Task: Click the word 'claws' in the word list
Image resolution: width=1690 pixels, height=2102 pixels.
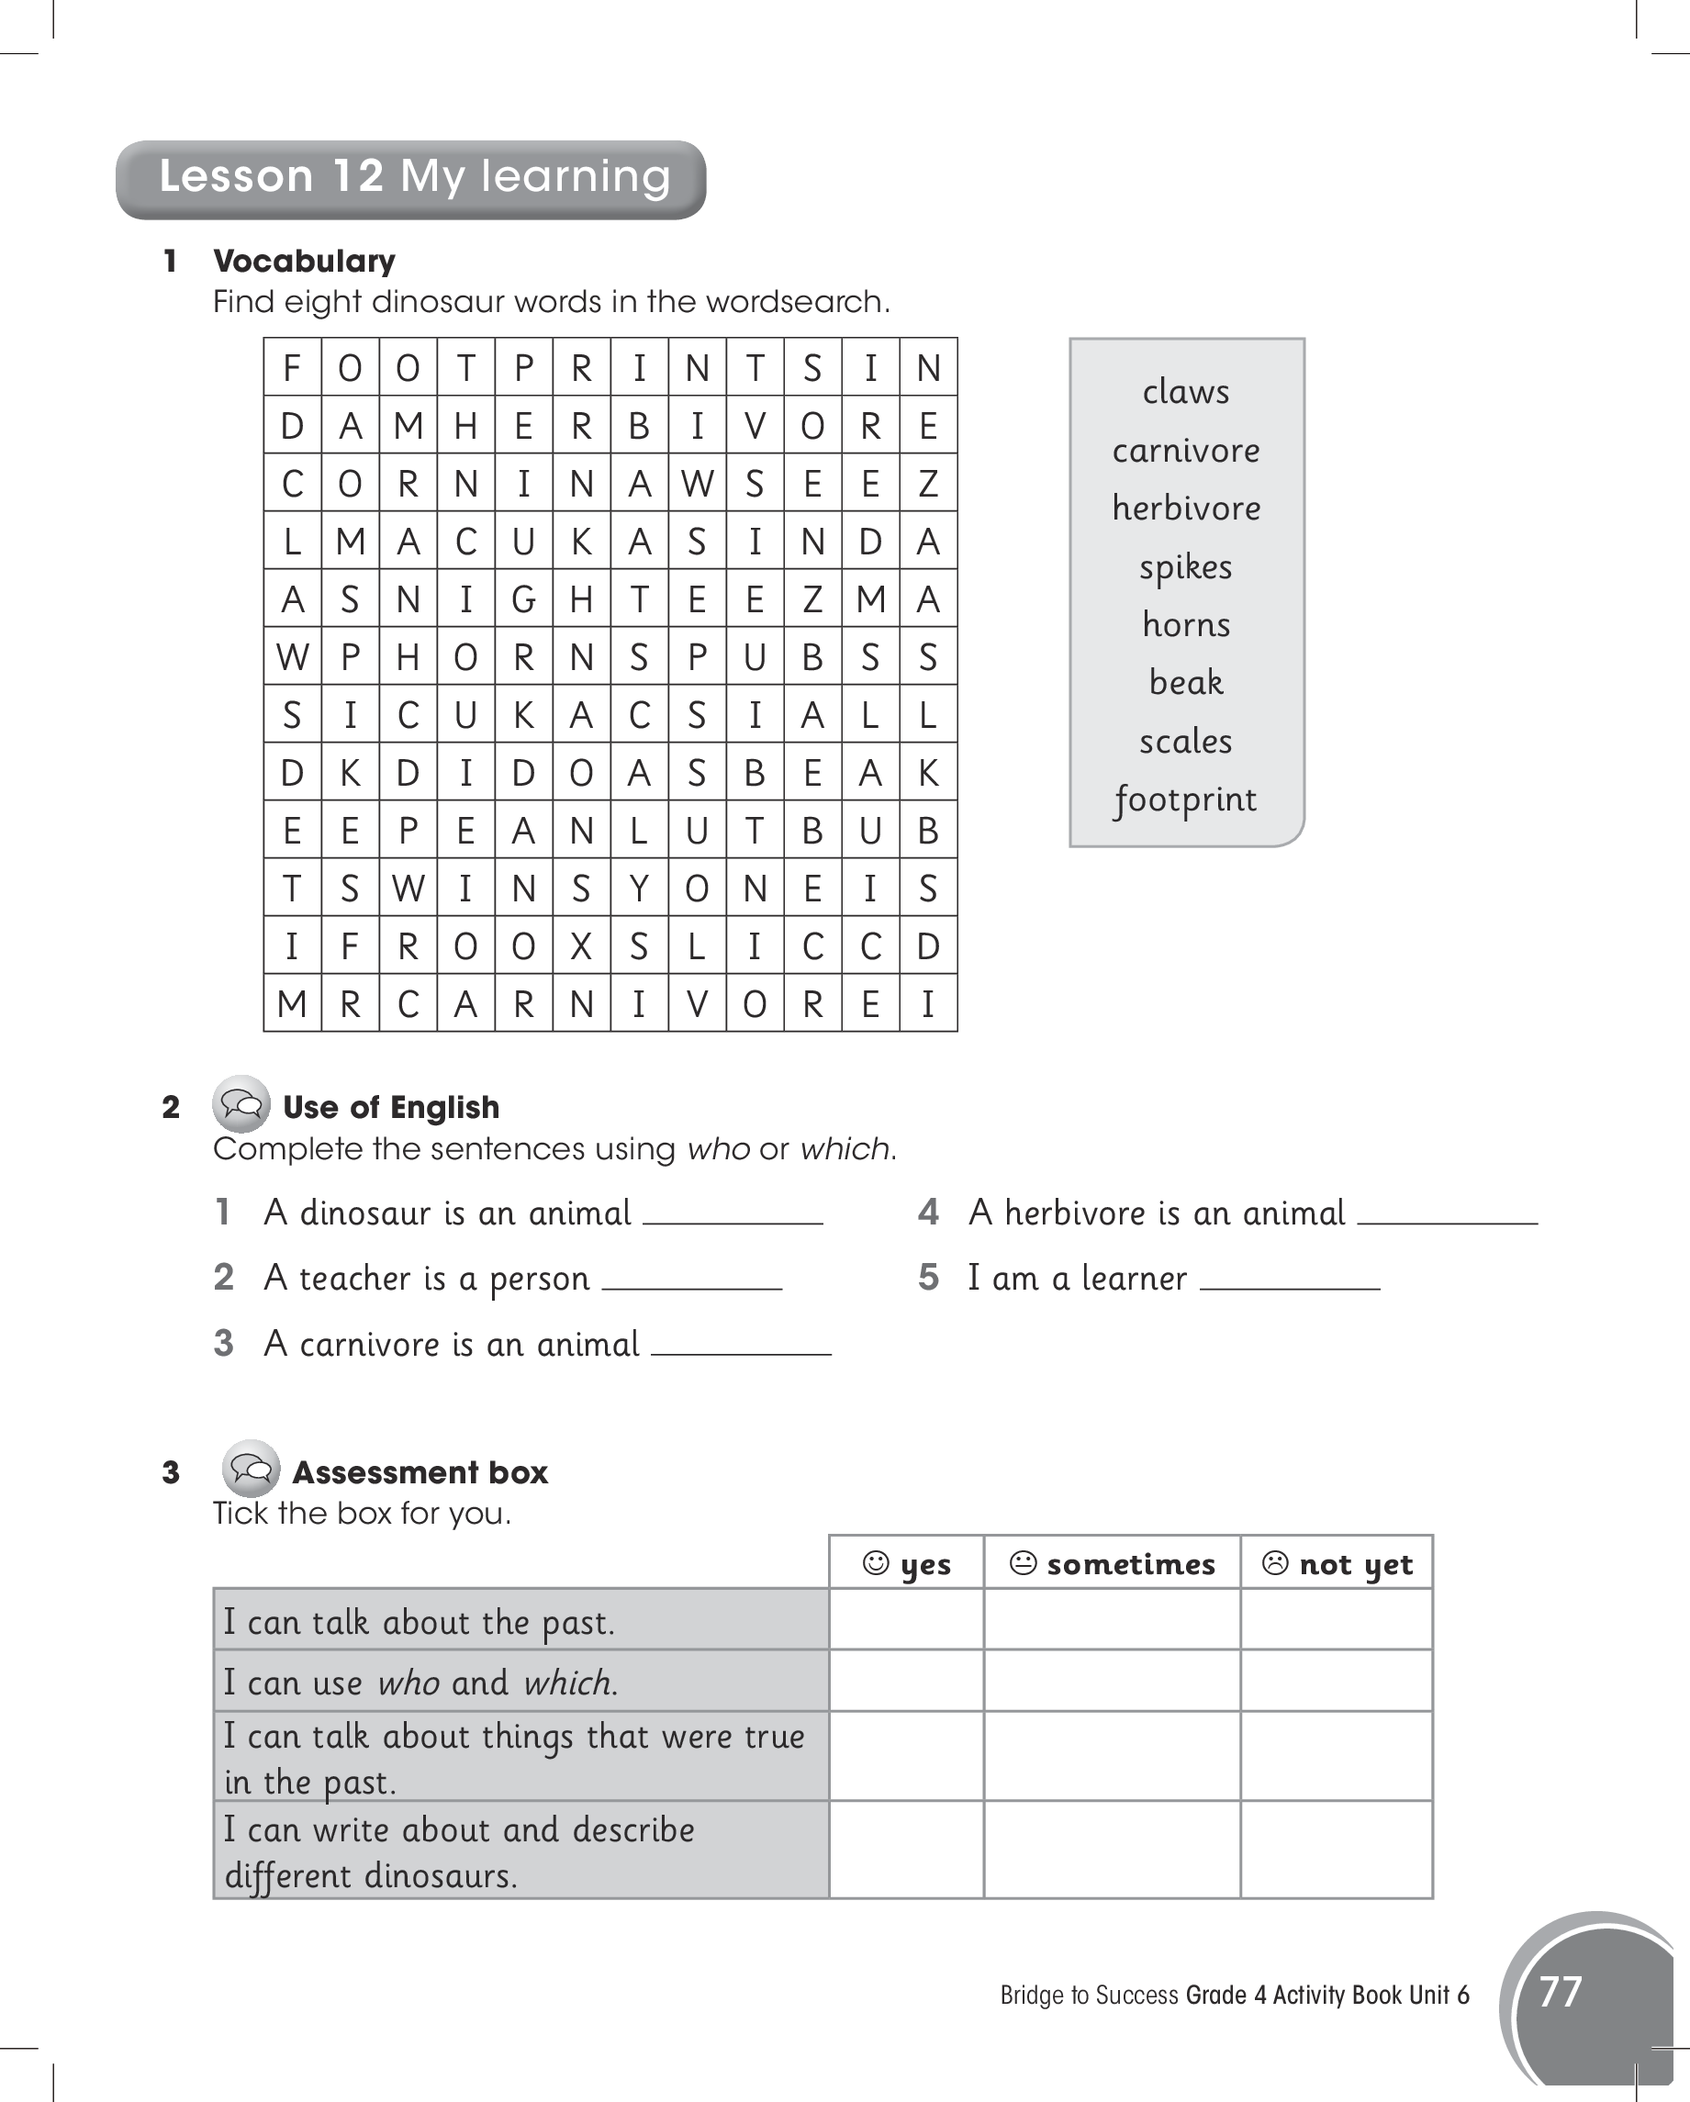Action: [x=1186, y=392]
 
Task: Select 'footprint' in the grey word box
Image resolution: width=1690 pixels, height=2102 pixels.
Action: [x=1186, y=800]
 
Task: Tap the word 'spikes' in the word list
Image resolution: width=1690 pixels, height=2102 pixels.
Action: [x=1186, y=567]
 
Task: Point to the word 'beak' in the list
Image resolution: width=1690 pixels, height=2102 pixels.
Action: [x=1186, y=683]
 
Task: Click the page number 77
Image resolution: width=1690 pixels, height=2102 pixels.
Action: [x=1560, y=1992]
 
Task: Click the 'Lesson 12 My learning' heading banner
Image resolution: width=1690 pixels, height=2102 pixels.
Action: [x=411, y=178]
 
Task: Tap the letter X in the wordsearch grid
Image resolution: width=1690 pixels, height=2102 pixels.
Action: [x=581, y=945]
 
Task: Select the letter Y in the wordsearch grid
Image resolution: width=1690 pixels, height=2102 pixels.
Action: [x=639, y=889]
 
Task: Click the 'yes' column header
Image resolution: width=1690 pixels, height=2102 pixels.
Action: [x=907, y=1564]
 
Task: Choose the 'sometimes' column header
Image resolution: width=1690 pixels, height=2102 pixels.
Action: [x=1113, y=1564]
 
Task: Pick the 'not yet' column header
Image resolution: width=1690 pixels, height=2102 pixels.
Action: [x=1337, y=1564]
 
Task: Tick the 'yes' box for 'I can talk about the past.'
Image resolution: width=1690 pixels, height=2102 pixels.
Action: [x=907, y=1620]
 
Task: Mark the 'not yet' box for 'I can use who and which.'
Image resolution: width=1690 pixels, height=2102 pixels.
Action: [x=1337, y=1681]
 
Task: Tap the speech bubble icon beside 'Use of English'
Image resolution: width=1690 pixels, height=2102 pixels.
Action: [x=241, y=1104]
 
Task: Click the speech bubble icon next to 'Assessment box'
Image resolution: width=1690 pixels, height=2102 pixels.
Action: [x=251, y=1470]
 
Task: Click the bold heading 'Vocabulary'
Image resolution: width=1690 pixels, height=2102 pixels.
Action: [x=304, y=262]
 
